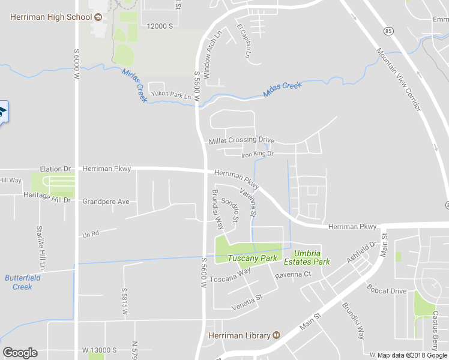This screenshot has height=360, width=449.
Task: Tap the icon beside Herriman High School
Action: pos(98,16)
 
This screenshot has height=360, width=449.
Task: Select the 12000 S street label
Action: pos(160,26)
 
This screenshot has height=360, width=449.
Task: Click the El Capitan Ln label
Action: pos(245,41)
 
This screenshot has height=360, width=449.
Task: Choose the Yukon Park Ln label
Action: pos(170,95)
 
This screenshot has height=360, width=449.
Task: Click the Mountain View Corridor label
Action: pos(400,79)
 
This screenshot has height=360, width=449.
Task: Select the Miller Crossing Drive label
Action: pos(241,141)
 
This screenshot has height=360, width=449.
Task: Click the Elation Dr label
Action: pos(55,169)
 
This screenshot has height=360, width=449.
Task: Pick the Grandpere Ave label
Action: pos(106,202)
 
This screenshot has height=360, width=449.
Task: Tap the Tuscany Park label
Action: pos(252,259)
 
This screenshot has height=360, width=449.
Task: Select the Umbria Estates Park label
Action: pos(307,258)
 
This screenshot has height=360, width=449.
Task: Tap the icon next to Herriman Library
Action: pos(277,335)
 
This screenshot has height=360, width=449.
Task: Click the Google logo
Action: pos(20,353)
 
